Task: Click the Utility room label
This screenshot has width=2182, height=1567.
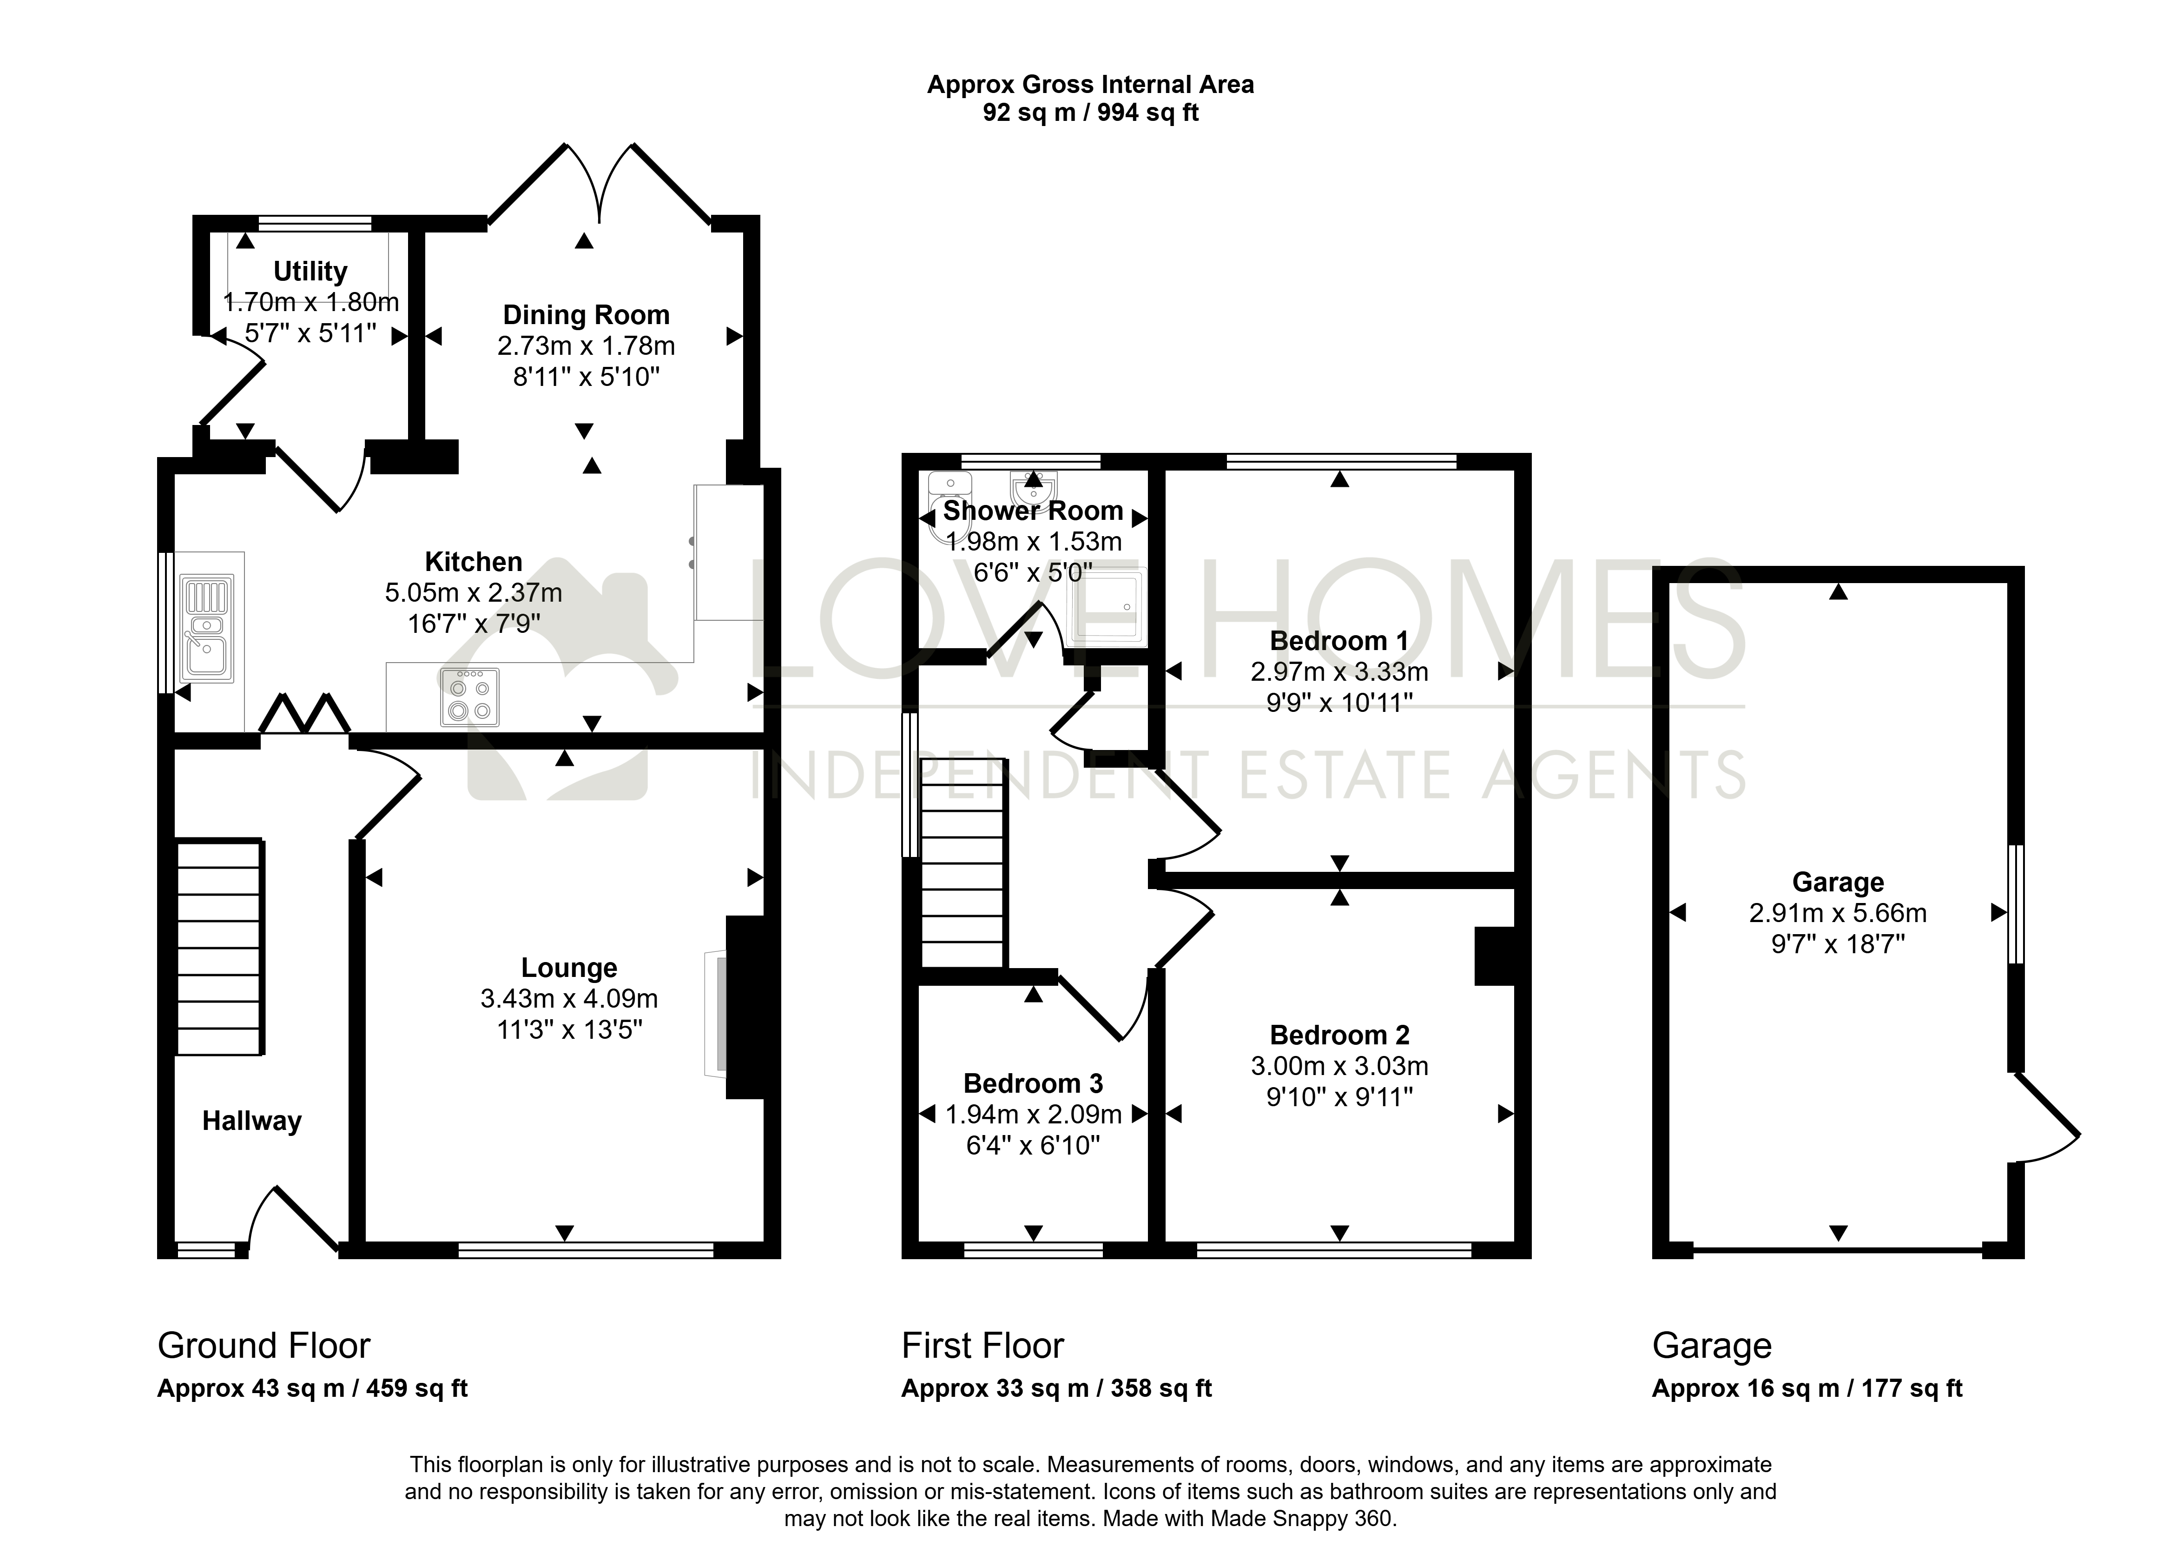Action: (310, 272)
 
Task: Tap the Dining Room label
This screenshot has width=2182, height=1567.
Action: (586, 315)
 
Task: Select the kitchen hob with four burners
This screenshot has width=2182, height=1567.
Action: (469, 697)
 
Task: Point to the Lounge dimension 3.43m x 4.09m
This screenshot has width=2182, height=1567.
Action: (570, 999)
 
